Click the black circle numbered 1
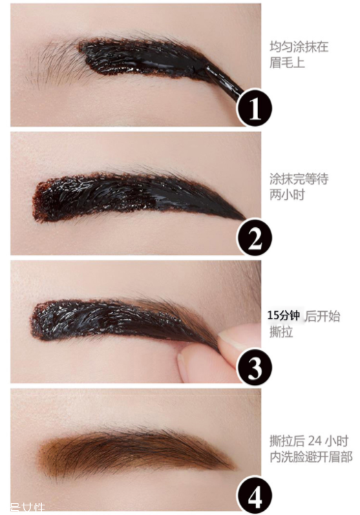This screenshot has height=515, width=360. (x=255, y=108)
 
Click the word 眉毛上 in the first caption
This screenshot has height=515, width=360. (x=287, y=63)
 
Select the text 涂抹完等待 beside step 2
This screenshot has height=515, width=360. (x=298, y=179)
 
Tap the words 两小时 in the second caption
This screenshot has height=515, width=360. (x=287, y=194)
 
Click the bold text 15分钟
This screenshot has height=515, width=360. (x=284, y=315)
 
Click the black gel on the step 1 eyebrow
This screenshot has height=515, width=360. (x=145, y=59)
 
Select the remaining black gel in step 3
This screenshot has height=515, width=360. (x=103, y=318)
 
